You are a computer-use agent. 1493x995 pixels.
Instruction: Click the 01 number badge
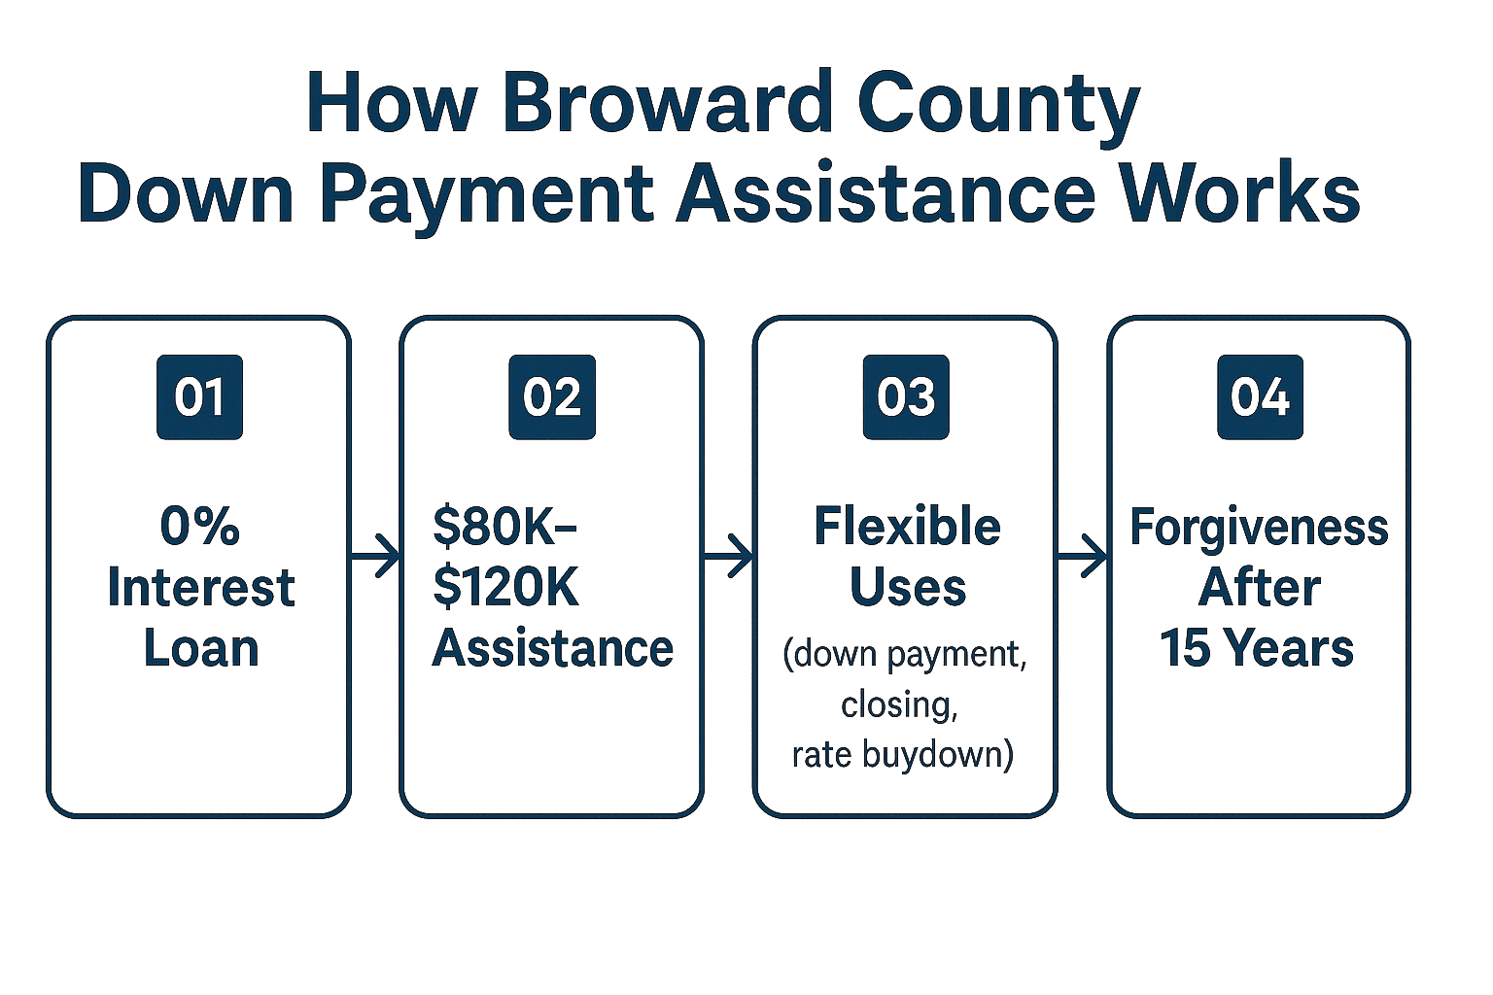(199, 397)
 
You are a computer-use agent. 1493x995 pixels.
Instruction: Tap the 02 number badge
(552, 397)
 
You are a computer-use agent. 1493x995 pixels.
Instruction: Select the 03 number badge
(906, 397)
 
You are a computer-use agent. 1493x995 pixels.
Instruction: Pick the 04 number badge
(1260, 397)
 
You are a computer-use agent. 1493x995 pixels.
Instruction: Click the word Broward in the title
(668, 103)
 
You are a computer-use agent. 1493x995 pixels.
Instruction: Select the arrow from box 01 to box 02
(374, 555)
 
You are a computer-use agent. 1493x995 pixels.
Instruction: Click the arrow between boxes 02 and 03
(728, 555)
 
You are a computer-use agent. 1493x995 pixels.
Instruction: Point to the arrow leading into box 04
(1082, 555)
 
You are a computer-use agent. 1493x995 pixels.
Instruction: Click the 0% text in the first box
(200, 528)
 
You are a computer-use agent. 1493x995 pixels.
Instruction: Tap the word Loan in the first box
(200, 648)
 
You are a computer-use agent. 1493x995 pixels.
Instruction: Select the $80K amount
(504, 528)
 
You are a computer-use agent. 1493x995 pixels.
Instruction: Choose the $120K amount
(505, 588)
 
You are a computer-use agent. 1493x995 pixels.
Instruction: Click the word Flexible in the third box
(907, 527)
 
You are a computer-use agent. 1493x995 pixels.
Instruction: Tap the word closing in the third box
(898, 705)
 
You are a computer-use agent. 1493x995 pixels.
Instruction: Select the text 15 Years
(1257, 648)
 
